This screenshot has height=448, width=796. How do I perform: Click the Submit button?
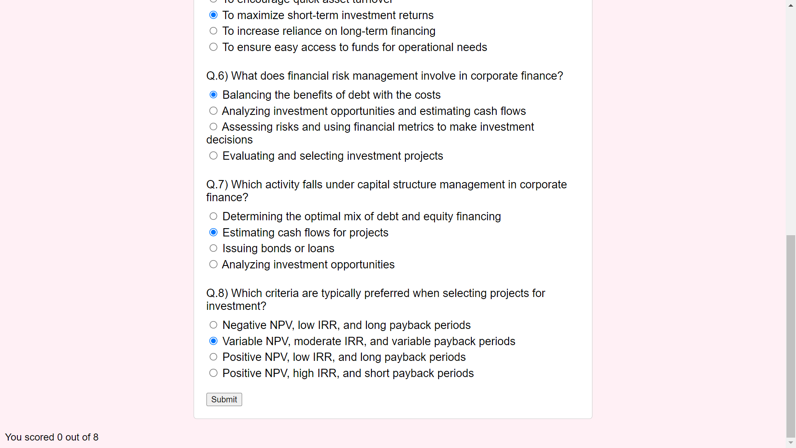[x=224, y=399]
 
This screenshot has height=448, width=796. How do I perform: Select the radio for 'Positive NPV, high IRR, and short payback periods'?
[x=214, y=373]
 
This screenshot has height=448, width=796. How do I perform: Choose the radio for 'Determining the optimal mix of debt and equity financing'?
[x=214, y=216]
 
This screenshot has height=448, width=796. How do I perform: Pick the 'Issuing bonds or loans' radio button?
[x=214, y=248]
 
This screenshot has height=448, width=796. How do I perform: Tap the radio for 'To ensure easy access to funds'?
[x=214, y=47]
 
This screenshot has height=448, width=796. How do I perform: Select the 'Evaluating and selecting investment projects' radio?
[x=214, y=156]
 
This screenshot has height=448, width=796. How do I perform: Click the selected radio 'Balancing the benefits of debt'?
[x=214, y=95]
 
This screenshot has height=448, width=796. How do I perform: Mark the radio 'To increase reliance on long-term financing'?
[x=214, y=31]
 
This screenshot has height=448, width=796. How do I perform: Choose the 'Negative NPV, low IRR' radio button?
[x=214, y=325]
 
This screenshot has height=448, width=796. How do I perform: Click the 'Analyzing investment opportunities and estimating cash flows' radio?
[x=214, y=111]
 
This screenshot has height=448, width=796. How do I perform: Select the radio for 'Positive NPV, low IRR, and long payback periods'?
[x=214, y=357]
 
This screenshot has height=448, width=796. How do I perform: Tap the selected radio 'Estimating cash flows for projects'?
[x=214, y=232]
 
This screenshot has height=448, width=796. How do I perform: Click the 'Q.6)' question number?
[x=217, y=76]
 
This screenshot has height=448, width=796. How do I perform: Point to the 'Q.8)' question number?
[x=217, y=293]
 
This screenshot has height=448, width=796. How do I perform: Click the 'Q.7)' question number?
[x=217, y=185]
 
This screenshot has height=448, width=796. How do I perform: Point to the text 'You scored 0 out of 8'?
[x=52, y=437]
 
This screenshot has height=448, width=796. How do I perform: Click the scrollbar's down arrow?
[x=791, y=443]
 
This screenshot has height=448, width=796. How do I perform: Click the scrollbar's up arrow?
[x=791, y=5]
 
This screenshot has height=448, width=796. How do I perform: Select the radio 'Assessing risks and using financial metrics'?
[x=214, y=127]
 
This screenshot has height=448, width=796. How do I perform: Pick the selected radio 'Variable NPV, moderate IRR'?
[x=214, y=341]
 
